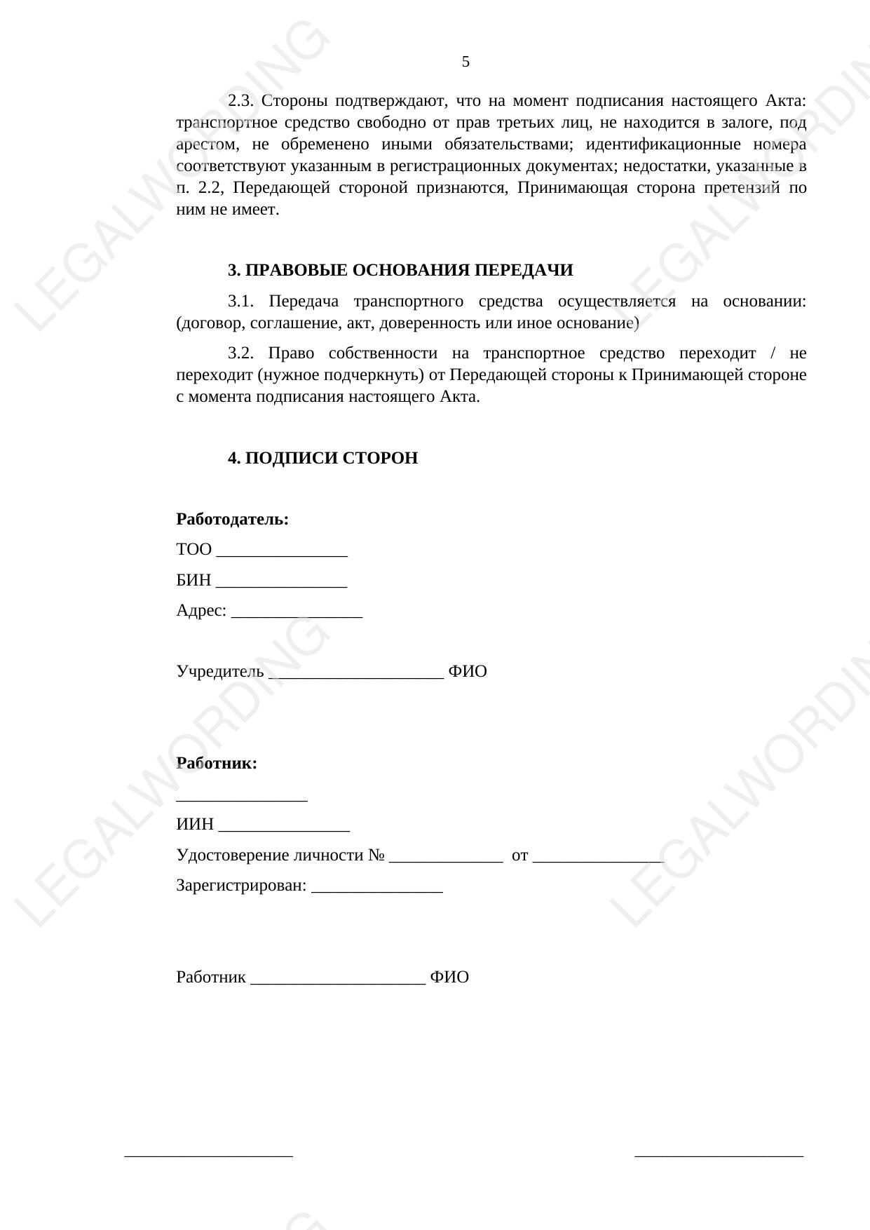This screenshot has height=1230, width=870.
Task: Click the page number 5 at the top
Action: pyautogui.click(x=465, y=62)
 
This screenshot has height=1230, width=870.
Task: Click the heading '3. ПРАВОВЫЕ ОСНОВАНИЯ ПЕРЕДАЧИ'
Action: pyautogui.click(x=400, y=271)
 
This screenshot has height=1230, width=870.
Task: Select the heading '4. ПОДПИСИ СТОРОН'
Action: pyautogui.click(x=322, y=459)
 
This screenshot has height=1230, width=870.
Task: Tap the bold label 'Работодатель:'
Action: pyautogui.click(x=232, y=520)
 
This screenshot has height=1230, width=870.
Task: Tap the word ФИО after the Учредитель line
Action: pyautogui.click(x=468, y=672)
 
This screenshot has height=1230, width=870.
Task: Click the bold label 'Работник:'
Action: pyautogui.click(x=217, y=764)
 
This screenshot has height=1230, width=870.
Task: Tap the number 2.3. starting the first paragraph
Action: pyautogui.click(x=240, y=101)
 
